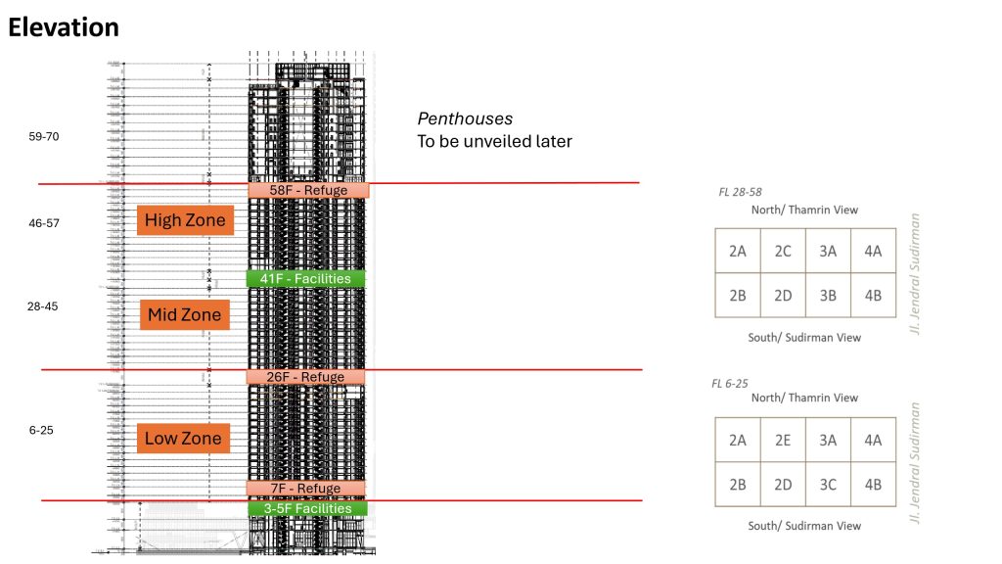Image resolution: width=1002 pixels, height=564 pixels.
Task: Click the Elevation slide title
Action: pos(64,27)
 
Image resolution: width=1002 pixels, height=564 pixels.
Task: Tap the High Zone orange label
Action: pos(185,220)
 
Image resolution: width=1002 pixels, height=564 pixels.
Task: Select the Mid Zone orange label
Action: pos(185,315)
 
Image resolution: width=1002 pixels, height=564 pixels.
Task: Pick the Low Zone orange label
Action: pos(183,438)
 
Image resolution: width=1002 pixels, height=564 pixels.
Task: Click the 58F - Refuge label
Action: pos(308,190)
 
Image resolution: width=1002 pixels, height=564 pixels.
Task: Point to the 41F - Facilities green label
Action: pos(305,279)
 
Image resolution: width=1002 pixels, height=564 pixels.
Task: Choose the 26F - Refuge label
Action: pos(305,377)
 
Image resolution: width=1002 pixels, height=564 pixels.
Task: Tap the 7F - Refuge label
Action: pos(305,489)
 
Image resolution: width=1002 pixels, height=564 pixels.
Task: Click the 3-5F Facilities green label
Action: pos(307,508)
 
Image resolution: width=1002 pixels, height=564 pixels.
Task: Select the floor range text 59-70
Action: pos(44,136)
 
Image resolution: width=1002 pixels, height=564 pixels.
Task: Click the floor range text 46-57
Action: pos(44,223)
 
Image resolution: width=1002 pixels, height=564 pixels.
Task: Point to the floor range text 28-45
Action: pos(42,305)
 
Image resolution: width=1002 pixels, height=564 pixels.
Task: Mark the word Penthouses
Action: pos(465,118)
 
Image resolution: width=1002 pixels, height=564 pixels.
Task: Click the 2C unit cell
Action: pos(783,251)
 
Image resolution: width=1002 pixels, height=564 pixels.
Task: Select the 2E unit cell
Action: pos(783,440)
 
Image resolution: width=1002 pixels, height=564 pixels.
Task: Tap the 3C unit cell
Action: pos(828,484)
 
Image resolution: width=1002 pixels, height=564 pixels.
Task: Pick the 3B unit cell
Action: pos(828,295)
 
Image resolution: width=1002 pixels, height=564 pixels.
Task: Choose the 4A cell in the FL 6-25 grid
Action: pos(873,440)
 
